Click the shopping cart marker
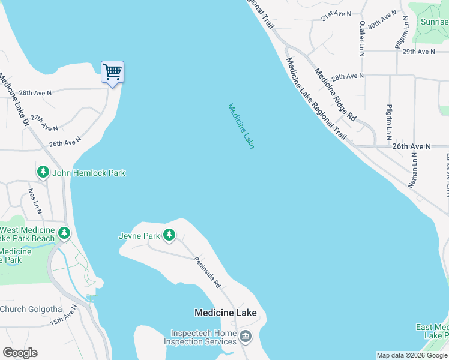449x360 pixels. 112,73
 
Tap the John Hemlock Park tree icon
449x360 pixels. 43,173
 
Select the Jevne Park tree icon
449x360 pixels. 170,236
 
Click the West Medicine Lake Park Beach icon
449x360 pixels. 64,233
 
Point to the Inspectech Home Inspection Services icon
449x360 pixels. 245,337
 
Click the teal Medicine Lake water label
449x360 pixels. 241,126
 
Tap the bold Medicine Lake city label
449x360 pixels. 225,313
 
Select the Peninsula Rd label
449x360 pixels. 208,272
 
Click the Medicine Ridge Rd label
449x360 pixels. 335,94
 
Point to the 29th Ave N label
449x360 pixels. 418,52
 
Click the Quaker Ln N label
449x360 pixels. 362,39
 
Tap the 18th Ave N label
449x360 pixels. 64,315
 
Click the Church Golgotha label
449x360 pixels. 31,310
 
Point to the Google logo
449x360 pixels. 20,353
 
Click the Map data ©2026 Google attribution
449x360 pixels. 411,355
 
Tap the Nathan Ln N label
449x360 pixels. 413,170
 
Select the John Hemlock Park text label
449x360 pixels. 89,173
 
